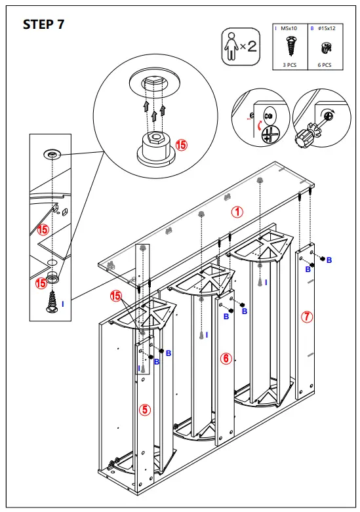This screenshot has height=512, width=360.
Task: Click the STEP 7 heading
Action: click(44, 25)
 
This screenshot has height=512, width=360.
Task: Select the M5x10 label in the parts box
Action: click(289, 29)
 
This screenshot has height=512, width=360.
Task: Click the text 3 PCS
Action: click(289, 66)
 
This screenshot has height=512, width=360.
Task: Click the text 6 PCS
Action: click(324, 66)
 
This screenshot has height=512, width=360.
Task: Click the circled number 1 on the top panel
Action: click(237, 212)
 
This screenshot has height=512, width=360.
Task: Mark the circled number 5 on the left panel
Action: click(145, 410)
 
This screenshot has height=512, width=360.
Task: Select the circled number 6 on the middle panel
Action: click(226, 358)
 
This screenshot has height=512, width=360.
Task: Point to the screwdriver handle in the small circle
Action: click(304, 138)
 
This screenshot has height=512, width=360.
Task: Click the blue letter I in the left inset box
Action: click(63, 304)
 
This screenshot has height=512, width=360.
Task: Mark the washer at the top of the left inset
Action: click(51, 153)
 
